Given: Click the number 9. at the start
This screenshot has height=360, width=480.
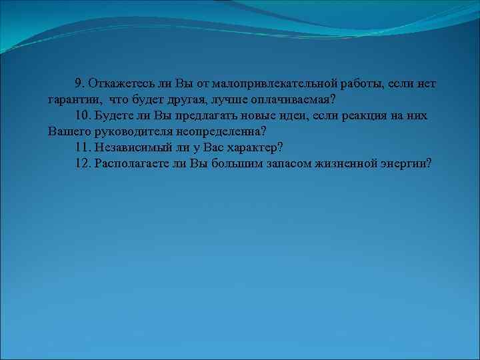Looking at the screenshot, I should point(79,83).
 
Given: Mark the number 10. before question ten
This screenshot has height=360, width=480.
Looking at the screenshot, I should point(83,115).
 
